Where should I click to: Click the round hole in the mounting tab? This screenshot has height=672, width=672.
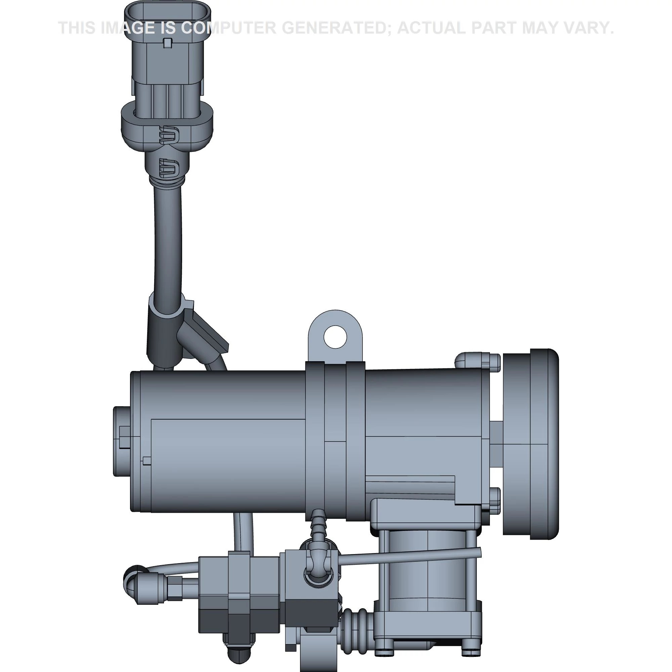tap(335, 336)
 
